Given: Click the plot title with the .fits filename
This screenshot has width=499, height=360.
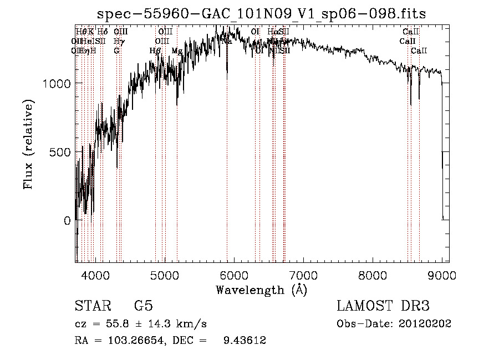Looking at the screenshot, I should pyautogui.click(x=261, y=13).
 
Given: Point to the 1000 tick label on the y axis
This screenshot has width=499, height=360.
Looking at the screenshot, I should pyautogui.click(x=57, y=83).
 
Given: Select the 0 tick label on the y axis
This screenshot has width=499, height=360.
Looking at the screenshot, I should pyautogui.click(x=68, y=221).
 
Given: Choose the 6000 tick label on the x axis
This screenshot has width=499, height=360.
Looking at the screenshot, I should pyautogui.click(x=233, y=274).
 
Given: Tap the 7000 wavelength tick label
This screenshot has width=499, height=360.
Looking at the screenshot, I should pyautogui.click(x=303, y=274).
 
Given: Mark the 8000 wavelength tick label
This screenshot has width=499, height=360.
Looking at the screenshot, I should pyautogui.click(x=372, y=274).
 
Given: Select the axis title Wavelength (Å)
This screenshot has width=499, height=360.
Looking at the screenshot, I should pyautogui.click(x=261, y=290).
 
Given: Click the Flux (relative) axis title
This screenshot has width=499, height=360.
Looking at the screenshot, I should pyautogui.click(x=28, y=144).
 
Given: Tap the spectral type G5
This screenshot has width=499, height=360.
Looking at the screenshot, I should pyautogui.click(x=143, y=306).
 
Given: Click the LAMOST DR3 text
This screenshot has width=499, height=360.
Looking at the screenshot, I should pyautogui.click(x=383, y=306).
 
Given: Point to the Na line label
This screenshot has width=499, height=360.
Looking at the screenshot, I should pyautogui.click(x=227, y=41).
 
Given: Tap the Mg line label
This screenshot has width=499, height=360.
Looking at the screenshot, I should pyautogui.click(x=177, y=51).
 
